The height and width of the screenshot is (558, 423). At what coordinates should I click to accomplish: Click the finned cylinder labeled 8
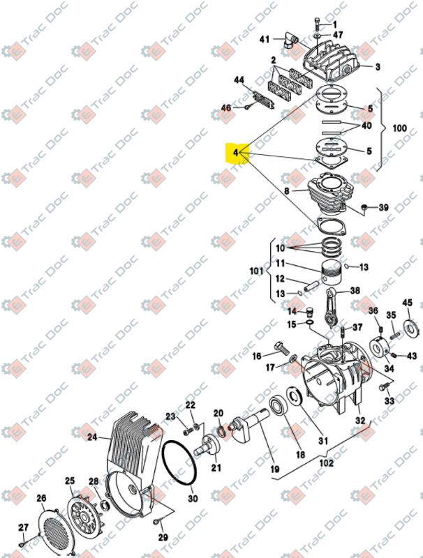click(327, 193)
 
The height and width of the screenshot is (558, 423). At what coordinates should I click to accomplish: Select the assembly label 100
click(399, 130)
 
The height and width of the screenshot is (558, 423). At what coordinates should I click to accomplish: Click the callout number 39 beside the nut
click(383, 208)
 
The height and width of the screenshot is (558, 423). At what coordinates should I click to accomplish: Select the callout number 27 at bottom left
click(23, 528)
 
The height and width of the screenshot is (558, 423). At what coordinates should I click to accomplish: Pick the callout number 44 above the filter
click(239, 82)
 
